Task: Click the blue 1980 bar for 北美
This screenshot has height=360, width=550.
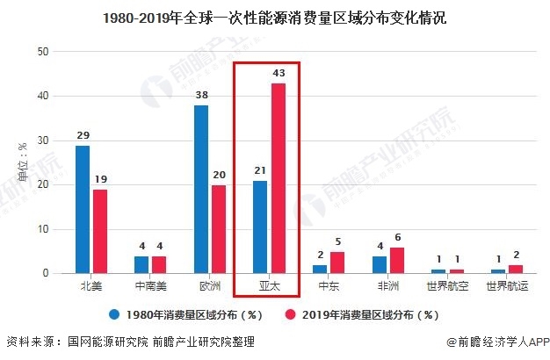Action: point(82,210)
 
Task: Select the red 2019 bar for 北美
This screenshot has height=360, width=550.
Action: point(100,232)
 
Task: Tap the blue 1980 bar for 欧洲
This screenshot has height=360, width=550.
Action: point(201,190)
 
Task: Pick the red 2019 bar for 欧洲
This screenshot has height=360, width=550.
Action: point(219,229)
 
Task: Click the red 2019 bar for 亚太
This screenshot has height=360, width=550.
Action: point(279,178)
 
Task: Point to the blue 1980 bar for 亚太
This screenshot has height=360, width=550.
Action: point(260,227)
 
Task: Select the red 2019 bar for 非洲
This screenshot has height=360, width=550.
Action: point(397,261)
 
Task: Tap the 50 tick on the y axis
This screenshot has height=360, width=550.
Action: point(43,52)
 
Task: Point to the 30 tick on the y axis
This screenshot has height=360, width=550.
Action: point(43,140)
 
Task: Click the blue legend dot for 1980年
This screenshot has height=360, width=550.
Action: point(114,314)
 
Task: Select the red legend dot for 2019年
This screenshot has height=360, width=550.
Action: point(291,314)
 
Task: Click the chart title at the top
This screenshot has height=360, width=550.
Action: point(274,18)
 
